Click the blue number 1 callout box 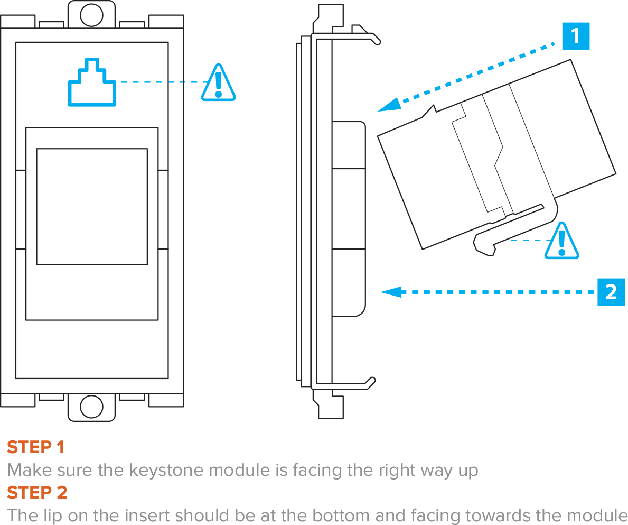[575, 36]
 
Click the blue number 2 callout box [611, 292]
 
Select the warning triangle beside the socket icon [218, 84]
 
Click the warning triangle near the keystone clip [561, 242]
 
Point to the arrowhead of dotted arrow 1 [389, 105]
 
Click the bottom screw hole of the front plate [91, 407]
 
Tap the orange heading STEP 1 [35, 447]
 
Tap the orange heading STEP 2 [37, 492]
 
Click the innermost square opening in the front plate [91, 206]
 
